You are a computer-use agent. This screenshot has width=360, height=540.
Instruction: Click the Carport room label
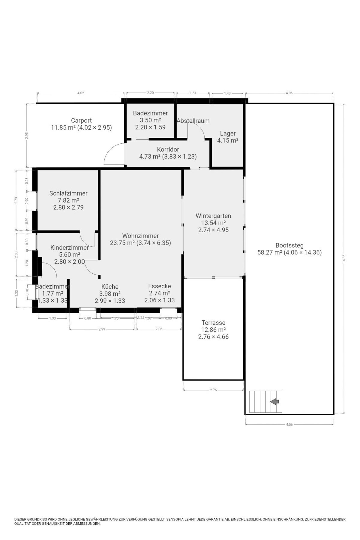(81, 121)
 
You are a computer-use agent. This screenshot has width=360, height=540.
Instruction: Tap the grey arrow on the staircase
(274, 401)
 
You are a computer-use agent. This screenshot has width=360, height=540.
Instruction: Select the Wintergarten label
(213, 216)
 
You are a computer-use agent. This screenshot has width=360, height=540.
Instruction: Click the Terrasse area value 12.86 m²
(213, 330)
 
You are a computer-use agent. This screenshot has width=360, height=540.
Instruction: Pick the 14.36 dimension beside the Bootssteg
(344, 259)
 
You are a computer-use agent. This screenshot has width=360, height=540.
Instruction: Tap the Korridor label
(168, 149)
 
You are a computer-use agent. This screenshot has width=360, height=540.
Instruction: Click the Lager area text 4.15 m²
(228, 140)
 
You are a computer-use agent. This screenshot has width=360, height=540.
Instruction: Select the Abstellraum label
(193, 121)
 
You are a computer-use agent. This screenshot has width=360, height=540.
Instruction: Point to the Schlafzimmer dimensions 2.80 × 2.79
(68, 207)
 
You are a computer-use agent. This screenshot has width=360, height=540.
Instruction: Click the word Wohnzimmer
(140, 236)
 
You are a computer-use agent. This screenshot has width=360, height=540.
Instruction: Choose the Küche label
(110, 286)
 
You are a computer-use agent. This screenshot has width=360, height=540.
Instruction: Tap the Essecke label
(160, 286)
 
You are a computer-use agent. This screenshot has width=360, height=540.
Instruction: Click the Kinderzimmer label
(69, 248)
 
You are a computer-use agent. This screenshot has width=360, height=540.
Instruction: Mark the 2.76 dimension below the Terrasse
(213, 390)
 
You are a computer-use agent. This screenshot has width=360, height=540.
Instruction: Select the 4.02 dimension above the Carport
(81, 93)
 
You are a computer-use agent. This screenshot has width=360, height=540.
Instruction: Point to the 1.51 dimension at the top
(193, 93)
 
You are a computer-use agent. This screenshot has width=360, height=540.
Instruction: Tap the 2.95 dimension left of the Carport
(26, 136)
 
